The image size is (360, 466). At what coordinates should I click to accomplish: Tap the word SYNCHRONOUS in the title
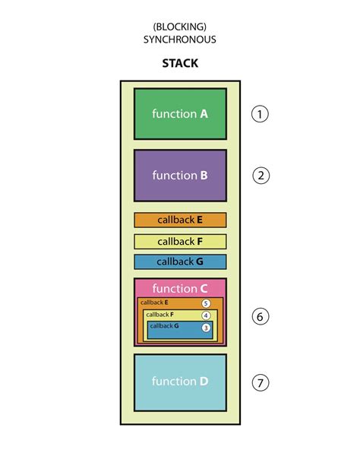[180, 39]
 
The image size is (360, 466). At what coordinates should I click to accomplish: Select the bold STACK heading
[180, 63]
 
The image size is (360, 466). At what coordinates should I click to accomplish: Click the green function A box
[180, 114]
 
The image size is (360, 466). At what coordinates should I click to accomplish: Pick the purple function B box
[180, 175]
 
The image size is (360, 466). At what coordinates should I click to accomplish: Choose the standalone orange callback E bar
[180, 220]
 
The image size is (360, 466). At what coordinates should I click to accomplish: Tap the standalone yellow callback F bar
[180, 241]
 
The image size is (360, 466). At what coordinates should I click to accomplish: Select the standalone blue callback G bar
[180, 262]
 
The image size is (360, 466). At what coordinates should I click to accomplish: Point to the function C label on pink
[180, 288]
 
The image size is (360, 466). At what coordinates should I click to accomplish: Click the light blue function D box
[180, 381]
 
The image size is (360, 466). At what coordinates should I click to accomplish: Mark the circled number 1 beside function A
[261, 114]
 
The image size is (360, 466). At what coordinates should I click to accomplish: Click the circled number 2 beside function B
[261, 175]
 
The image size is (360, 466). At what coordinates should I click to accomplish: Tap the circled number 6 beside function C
[261, 316]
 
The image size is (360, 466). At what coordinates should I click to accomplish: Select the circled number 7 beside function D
[261, 382]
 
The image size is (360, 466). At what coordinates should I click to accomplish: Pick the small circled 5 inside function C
[205, 303]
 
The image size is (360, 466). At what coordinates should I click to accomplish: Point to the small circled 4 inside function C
[205, 315]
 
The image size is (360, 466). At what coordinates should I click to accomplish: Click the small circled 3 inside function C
[205, 328]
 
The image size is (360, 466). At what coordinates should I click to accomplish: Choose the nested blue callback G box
[175, 330]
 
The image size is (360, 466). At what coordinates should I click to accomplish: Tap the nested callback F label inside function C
[159, 314]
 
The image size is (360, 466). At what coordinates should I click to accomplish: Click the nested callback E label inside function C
[154, 303]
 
